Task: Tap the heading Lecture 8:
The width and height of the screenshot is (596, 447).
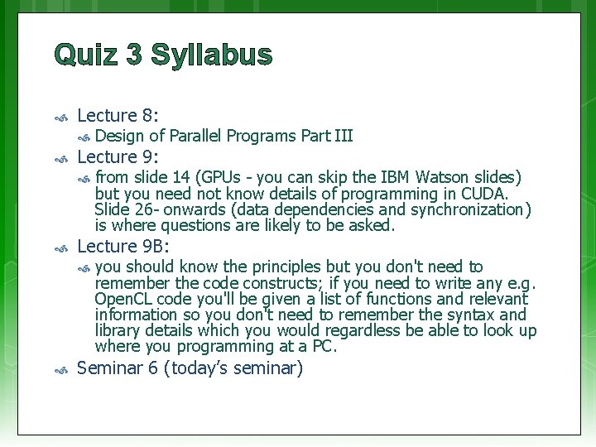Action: pyautogui.click(x=118, y=116)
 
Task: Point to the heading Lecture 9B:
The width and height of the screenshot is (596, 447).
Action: pyautogui.click(x=123, y=246)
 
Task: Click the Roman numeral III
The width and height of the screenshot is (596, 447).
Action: pyautogui.click(x=342, y=136)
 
